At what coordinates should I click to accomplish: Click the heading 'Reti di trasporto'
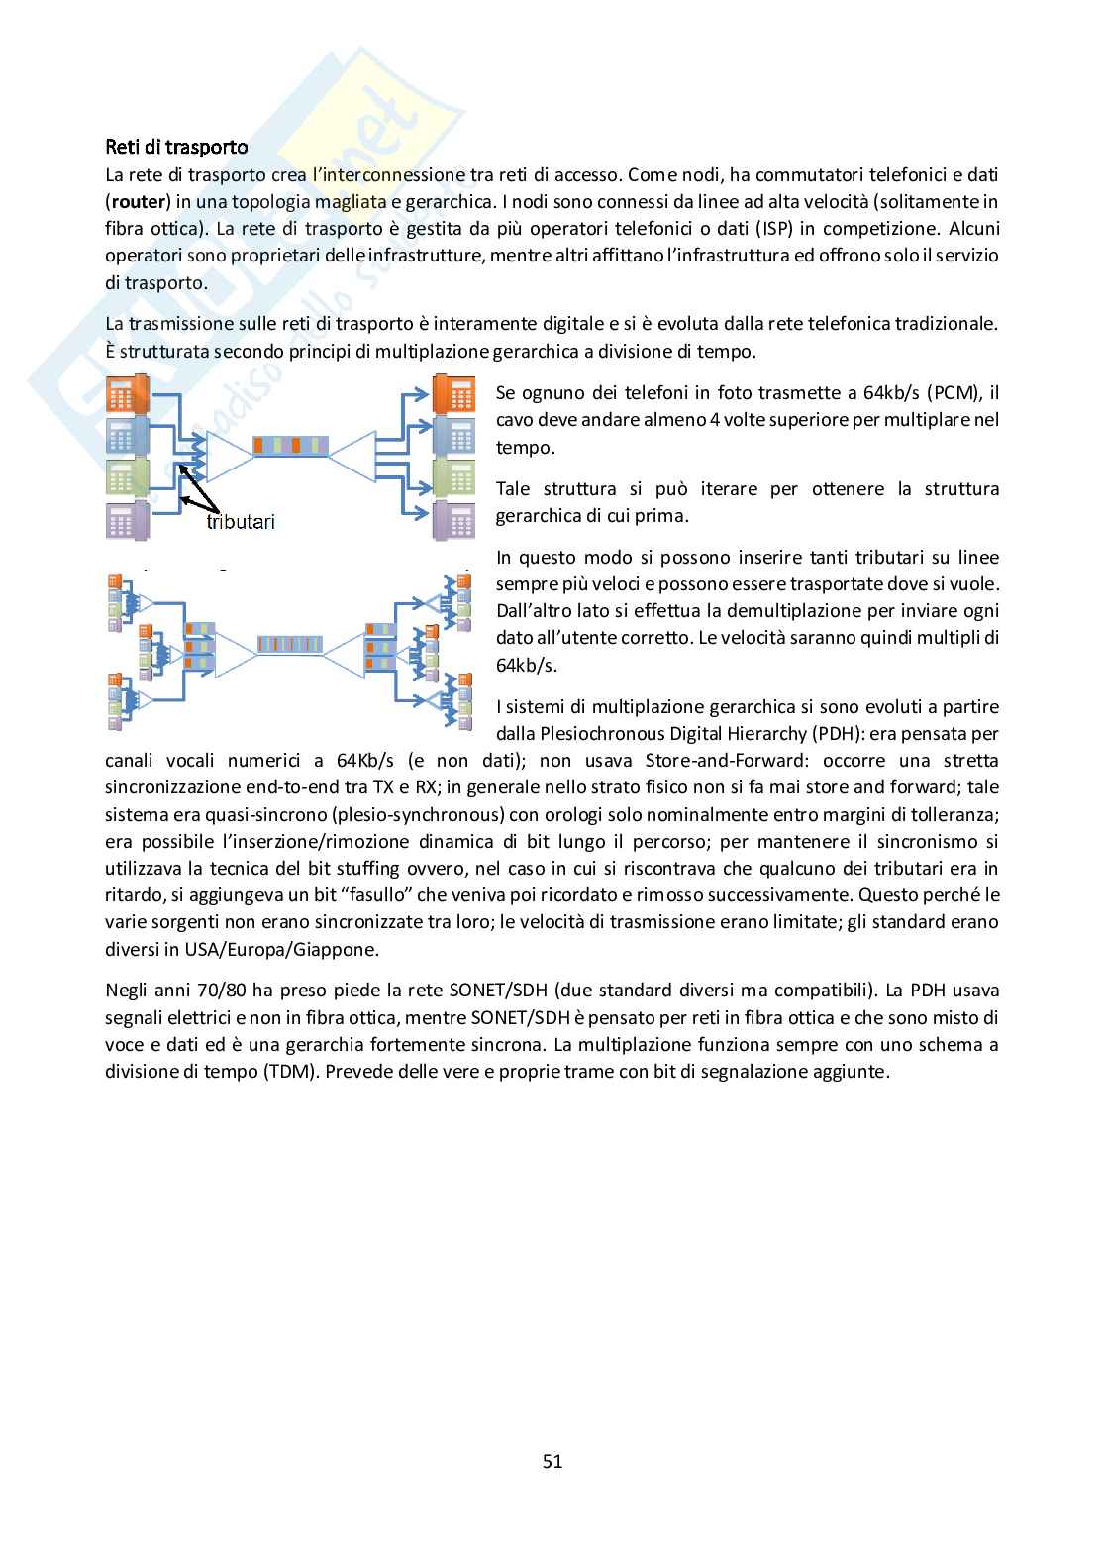(176, 147)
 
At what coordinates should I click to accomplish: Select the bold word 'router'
(138, 202)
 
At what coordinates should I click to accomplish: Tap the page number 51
(552, 1461)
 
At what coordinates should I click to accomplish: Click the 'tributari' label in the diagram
(240, 522)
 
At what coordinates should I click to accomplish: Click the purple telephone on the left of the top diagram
(126, 519)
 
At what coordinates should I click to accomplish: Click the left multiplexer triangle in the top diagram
(226, 457)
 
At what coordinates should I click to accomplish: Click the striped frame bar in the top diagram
(289, 446)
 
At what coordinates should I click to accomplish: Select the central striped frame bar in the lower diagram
(289, 644)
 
